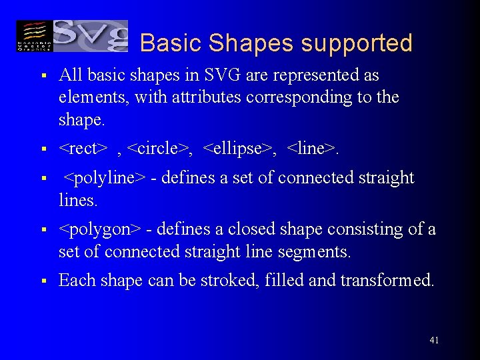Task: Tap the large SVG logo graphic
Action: coord(89,35)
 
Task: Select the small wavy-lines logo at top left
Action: coord(33,36)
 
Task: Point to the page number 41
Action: coord(434,341)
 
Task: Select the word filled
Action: coord(285,281)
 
